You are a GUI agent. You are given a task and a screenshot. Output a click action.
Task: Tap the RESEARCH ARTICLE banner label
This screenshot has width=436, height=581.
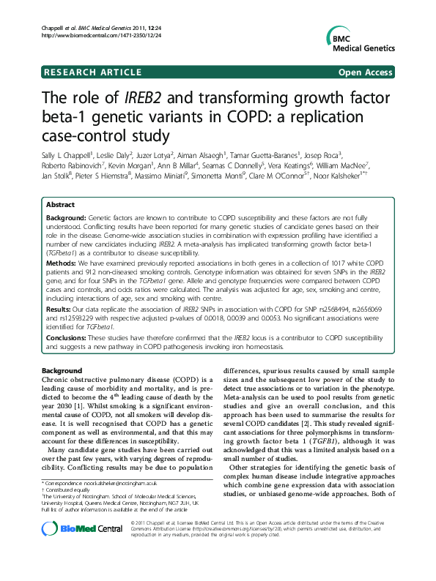[92, 72]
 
